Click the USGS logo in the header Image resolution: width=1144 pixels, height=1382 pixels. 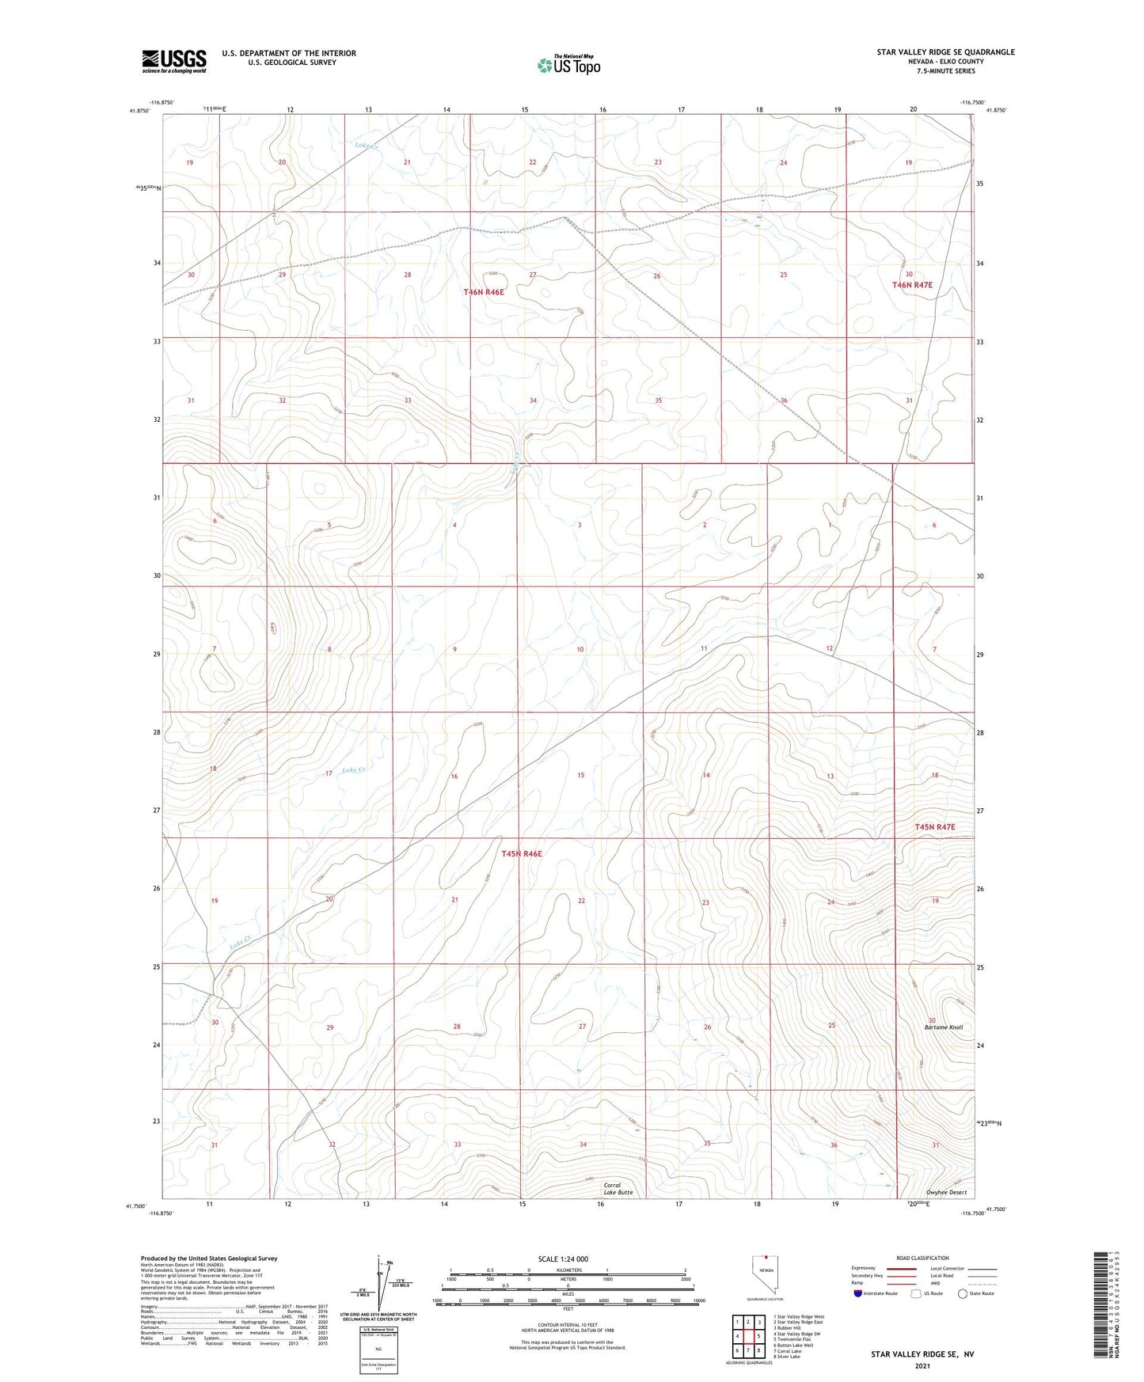[x=174, y=60]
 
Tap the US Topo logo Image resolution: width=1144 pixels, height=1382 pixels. [x=568, y=65]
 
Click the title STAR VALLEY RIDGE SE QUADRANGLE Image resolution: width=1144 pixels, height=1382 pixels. [x=945, y=52]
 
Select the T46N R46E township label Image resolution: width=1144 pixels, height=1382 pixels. [x=484, y=292]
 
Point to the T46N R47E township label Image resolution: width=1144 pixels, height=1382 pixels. [x=912, y=285]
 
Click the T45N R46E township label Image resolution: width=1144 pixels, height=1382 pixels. [x=522, y=854]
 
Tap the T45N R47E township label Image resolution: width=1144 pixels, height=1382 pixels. [x=935, y=827]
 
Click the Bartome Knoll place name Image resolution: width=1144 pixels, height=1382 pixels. [x=944, y=1027]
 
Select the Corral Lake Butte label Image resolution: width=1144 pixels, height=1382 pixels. [x=618, y=1189]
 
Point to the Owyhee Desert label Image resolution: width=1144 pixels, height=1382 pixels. [x=947, y=1193]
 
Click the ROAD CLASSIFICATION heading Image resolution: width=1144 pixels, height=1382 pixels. [x=923, y=1258]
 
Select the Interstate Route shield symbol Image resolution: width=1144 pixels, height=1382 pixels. [x=858, y=1293]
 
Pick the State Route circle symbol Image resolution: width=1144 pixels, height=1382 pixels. [x=963, y=1293]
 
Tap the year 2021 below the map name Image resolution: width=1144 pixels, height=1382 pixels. [x=922, y=1365]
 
